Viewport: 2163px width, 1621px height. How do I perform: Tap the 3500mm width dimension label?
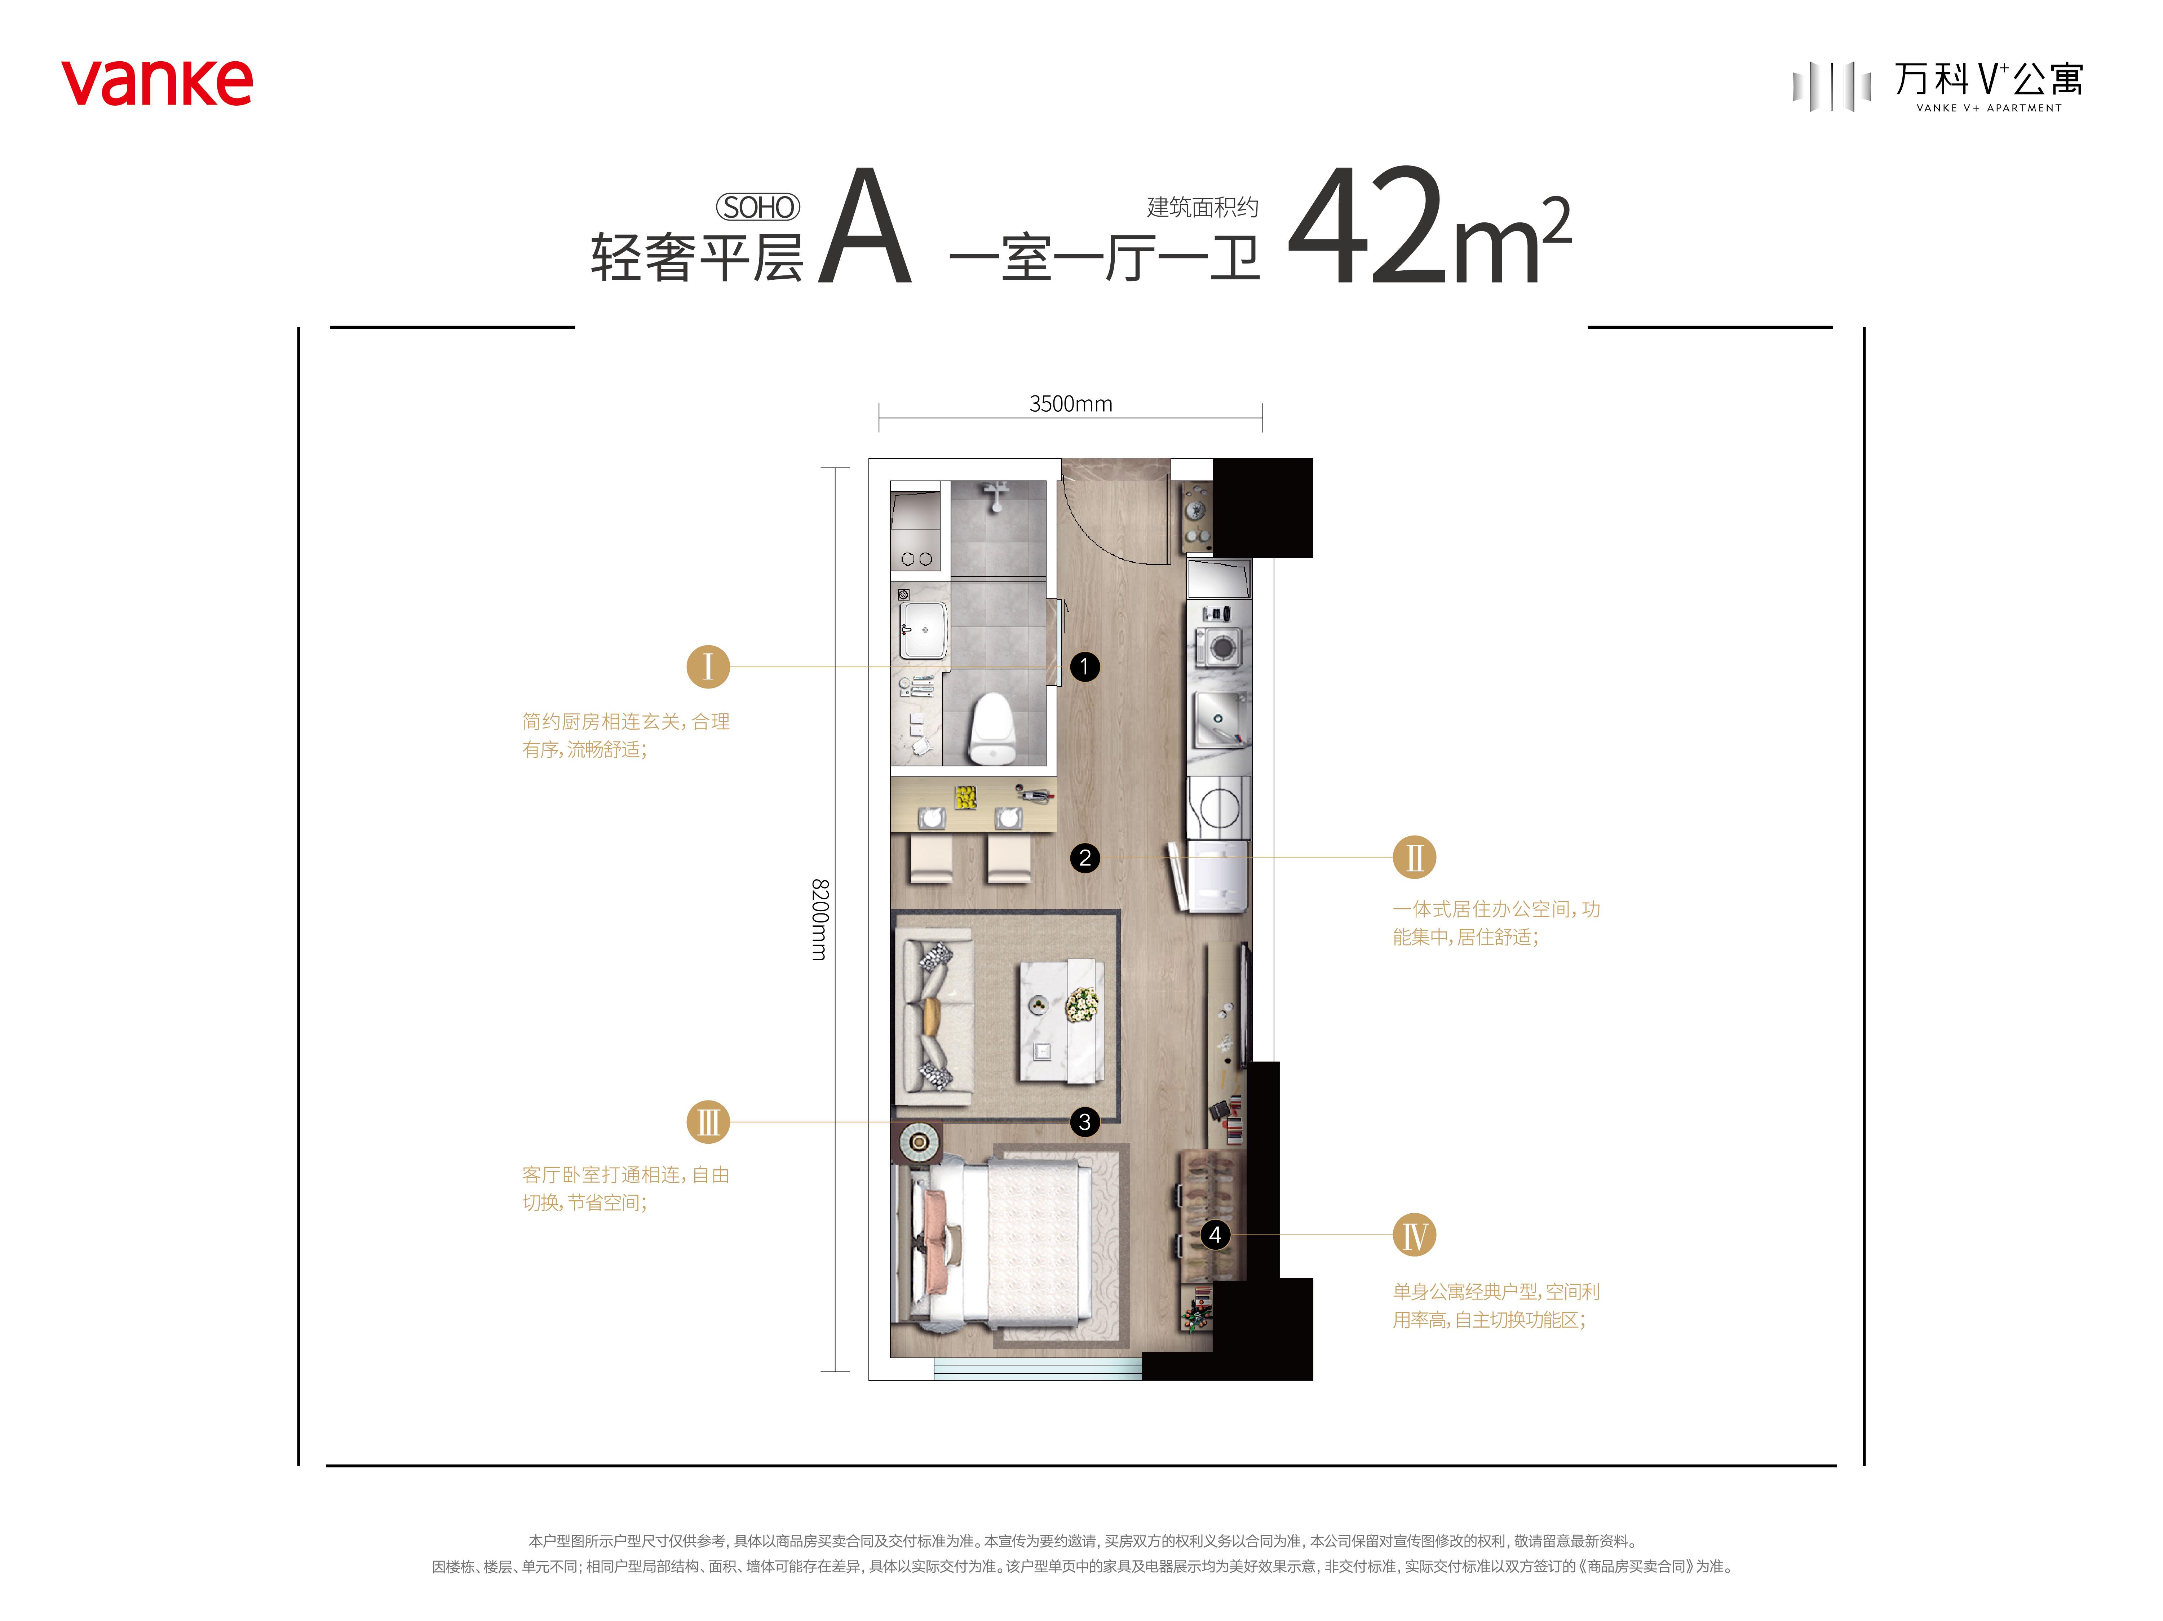1071,404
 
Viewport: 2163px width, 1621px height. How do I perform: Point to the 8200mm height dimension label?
819,919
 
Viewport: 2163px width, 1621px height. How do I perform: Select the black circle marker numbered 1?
1084,667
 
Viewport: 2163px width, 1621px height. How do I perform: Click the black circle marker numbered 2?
1084,858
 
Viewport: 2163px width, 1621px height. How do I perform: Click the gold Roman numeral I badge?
708,667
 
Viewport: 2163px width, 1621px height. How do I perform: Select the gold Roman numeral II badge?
1414,858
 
